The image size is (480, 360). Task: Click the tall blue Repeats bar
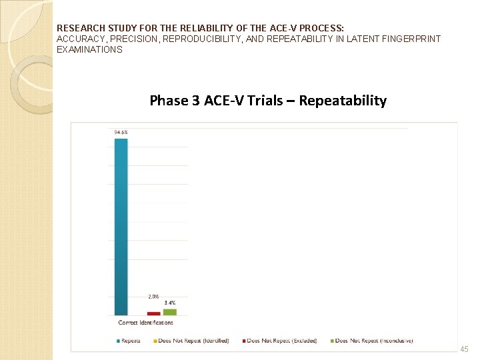(x=121, y=227)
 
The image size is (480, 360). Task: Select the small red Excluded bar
(x=153, y=313)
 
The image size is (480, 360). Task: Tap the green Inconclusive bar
(x=170, y=312)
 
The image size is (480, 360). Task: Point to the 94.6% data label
(x=121, y=133)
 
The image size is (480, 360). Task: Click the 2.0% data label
(x=153, y=297)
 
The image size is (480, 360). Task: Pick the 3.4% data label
(x=170, y=303)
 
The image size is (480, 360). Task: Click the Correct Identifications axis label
(x=145, y=323)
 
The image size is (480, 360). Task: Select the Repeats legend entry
(x=129, y=341)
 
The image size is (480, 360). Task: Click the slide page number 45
(x=465, y=349)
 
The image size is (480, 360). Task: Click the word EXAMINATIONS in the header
(x=90, y=49)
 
